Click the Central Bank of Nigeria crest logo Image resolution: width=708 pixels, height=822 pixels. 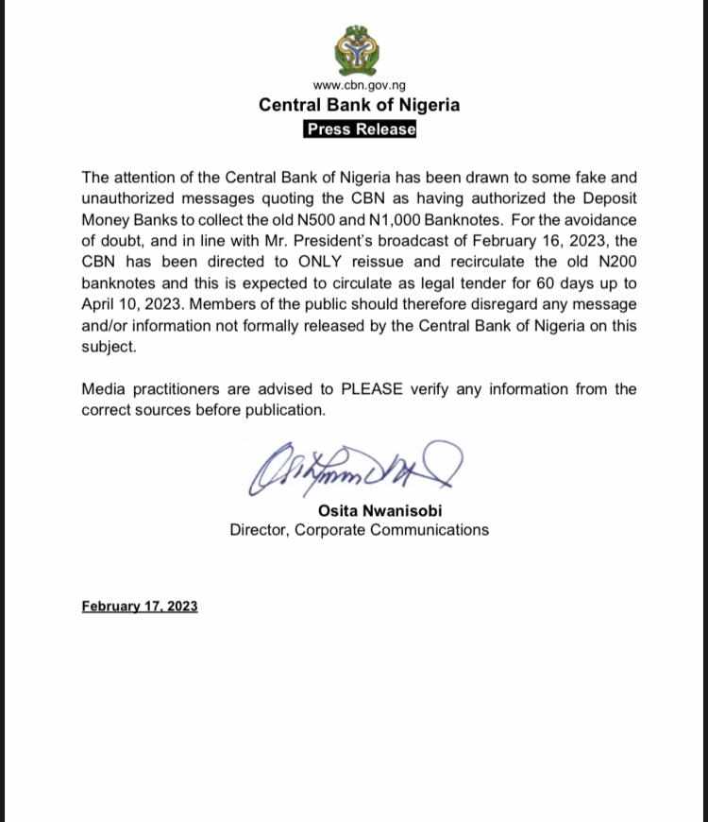[359, 51]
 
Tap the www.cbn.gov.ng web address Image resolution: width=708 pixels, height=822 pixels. [359, 86]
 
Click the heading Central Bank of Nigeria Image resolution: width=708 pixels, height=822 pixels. [359, 105]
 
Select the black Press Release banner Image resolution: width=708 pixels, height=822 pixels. [360, 129]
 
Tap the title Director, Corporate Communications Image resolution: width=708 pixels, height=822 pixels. [359, 530]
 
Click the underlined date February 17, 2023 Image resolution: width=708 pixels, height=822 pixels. [140, 607]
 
